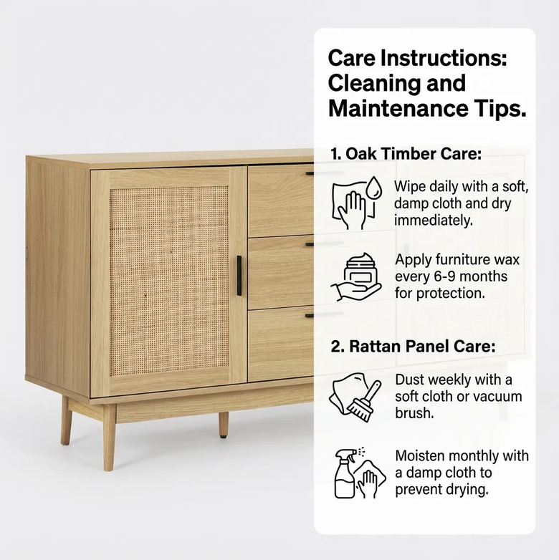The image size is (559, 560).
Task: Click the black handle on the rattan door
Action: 239,276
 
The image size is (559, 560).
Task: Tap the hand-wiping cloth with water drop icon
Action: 355,202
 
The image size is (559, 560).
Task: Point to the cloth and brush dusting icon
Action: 356,395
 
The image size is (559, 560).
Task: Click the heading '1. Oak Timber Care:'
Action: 406,154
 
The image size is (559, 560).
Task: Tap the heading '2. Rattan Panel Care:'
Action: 413,347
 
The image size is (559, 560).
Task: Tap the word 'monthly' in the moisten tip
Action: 494,455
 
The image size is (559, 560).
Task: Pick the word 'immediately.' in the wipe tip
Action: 434,221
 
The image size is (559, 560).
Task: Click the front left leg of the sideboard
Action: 109,437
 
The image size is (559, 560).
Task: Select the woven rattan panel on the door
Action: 169,281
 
